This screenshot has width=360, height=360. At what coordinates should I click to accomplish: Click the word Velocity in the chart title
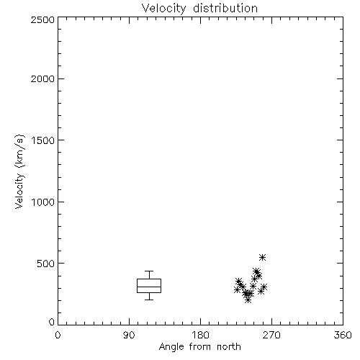click(163, 9)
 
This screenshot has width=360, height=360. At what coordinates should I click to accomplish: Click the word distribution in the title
click(225, 9)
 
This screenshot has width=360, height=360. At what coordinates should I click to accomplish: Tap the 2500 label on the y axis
click(42, 19)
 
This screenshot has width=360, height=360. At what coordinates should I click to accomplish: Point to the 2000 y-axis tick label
click(42, 78)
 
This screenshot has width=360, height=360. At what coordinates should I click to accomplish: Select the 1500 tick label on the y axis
click(43, 140)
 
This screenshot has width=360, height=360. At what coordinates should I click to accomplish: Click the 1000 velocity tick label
click(43, 202)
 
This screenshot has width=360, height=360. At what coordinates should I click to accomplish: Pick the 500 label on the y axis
click(45, 264)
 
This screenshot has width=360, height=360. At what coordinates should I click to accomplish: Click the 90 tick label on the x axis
click(129, 335)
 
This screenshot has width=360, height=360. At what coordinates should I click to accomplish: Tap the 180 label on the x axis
click(200, 335)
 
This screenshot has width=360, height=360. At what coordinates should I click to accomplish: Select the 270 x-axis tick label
click(271, 335)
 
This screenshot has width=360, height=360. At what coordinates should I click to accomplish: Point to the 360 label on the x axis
click(343, 335)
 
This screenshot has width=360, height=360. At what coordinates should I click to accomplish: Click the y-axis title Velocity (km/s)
click(19, 171)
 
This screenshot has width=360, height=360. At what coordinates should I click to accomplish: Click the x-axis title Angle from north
click(199, 347)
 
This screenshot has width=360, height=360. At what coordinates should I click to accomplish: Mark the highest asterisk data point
click(262, 258)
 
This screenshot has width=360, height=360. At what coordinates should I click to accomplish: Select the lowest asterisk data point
click(248, 300)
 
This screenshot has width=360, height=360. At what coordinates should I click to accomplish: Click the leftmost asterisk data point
click(237, 289)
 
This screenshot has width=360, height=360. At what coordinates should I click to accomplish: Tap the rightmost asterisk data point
click(264, 287)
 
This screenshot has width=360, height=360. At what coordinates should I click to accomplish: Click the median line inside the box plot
click(149, 287)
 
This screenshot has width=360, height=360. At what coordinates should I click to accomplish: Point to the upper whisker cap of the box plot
click(149, 271)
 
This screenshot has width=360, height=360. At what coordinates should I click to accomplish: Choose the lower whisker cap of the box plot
click(149, 300)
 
